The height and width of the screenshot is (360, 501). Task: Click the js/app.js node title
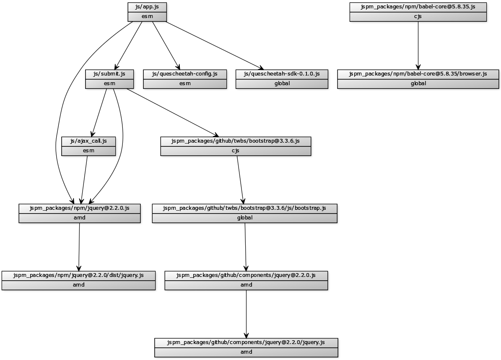click(x=147, y=7)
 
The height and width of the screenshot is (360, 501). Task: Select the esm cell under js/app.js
click(x=147, y=16)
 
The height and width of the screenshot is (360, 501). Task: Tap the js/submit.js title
click(x=109, y=74)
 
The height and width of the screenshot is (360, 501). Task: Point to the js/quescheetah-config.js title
click(x=185, y=74)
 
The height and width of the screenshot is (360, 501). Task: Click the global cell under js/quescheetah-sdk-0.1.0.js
click(x=282, y=83)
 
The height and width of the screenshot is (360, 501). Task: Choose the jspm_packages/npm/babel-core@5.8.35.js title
click(x=418, y=7)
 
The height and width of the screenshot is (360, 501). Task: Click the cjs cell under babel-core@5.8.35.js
click(x=418, y=16)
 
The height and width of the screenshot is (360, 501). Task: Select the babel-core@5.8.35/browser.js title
click(x=418, y=74)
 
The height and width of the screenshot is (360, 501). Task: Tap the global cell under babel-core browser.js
click(x=418, y=83)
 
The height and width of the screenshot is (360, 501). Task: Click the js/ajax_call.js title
click(x=88, y=141)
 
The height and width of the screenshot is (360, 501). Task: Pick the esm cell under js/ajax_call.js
click(x=88, y=151)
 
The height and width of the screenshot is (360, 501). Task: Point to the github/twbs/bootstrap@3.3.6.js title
click(x=236, y=141)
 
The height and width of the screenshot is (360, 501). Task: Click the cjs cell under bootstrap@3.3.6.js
click(x=236, y=151)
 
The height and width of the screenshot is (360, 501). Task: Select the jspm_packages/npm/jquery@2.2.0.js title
click(x=80, y=208)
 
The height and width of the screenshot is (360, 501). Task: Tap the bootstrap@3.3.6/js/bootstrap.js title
click(x=244, y=208)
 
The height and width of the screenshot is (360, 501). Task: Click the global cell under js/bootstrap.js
click(x=244, y=218)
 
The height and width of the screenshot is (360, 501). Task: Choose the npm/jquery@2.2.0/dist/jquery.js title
click(x=78, y=275)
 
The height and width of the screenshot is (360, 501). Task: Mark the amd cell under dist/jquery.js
click(x=78, y=285)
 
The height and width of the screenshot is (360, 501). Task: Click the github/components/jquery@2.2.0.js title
click(x=246, y=275)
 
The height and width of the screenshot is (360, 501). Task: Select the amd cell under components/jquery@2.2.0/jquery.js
click(x=246, y=352)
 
